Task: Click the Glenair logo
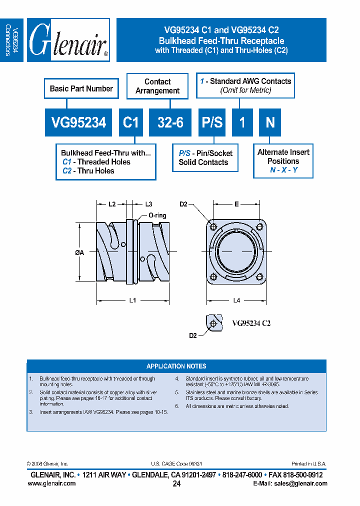[x=68, y=40]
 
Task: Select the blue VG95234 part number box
[x=78, y=122]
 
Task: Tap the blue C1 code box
[x=131, y=122]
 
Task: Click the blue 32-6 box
[x=170, y=122]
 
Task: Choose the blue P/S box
[x=212, y=122]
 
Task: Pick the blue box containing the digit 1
[x=242, y=122]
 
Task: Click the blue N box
[x=270, y=122]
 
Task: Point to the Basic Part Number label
[x=81, y=88]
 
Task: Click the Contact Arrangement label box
[x=157, y=86]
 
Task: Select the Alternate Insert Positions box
[x=283, y=161]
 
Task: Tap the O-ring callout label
[x=157, y=215]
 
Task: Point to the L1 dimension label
[x=133, y=300]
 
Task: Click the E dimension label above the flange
[x=236, y=204]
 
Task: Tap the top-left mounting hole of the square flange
[x=213, y=227]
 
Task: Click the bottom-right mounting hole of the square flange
[x=259, y=276]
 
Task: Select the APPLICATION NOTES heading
[x=176, y=366]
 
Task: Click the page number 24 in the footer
[x=176, y=483]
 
